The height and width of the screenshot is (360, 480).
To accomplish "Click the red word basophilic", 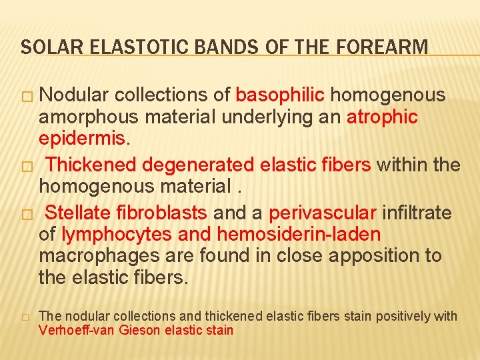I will [x=280, y=95].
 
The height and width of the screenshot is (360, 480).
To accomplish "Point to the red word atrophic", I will [x=383, y=117].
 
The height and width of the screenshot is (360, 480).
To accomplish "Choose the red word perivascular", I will [x=323, y=213].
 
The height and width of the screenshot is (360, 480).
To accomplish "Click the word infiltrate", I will [x=418, y=213].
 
